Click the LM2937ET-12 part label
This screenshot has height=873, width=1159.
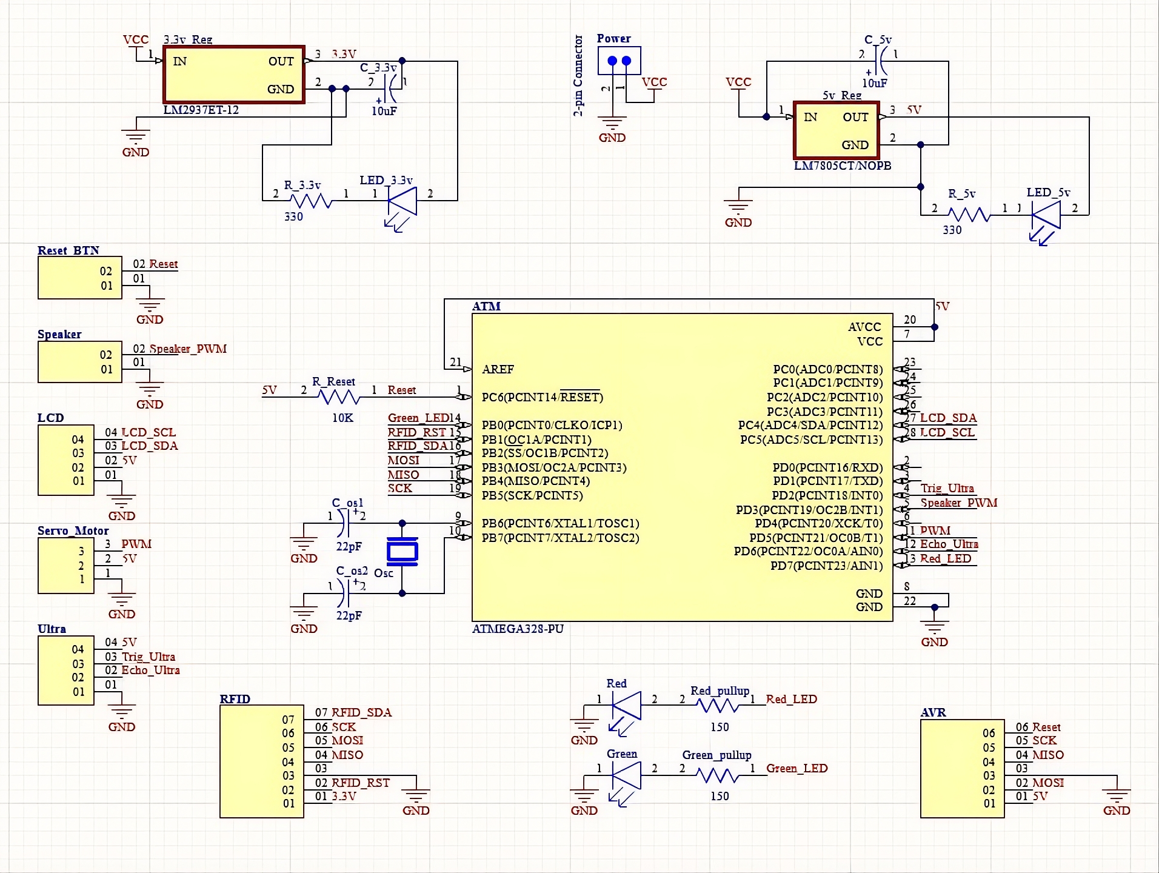(x=201, y=110)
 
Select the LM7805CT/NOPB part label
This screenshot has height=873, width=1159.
(x=842, y=166)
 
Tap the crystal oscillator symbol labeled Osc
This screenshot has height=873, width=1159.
(x=402, y=552)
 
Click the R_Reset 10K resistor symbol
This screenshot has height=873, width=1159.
(x=339, y=397)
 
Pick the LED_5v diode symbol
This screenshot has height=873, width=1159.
(x=1046, y=215)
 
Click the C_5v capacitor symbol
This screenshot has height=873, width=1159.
(x=880, y=61)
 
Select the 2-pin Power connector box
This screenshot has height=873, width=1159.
(x=619, y=61)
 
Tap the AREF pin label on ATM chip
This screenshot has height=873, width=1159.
(x=498, y=369)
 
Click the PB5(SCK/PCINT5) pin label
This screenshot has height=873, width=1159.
(x=532, y=496)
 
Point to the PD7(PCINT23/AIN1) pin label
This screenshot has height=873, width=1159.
(x=826, y=566)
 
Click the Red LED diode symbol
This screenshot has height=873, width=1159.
(x=627, y=706)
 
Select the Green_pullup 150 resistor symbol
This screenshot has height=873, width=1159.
(x=717, y=775)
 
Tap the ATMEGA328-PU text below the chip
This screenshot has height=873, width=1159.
(x=518, y=629)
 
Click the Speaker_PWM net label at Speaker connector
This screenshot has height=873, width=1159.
(x=188, y=349)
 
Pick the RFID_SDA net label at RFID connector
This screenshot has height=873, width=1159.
(x=361, y=712)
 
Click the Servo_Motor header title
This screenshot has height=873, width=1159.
(x=73, y=531)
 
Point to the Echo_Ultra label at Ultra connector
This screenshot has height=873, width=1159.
(x=150, y=671)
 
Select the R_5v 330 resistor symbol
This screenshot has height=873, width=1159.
(x=968, y=215)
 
